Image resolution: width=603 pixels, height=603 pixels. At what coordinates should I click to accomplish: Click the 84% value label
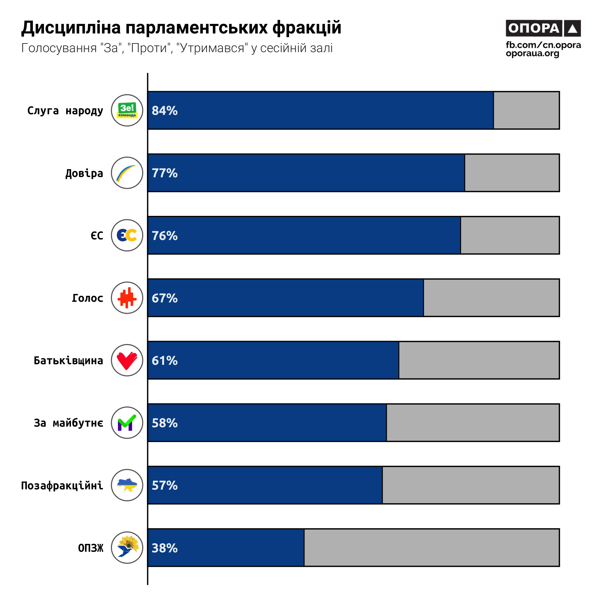pos(165,110)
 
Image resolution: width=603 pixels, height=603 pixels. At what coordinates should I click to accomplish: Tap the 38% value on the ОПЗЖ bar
pos(165,548)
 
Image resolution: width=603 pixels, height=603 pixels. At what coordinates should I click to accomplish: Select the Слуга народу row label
pos(65,110)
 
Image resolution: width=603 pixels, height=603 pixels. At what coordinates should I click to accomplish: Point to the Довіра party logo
pos(127,173)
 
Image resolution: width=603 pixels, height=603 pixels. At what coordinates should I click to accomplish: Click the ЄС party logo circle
pos(127,235)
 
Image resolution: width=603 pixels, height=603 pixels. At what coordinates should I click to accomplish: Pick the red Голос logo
pos(127,298)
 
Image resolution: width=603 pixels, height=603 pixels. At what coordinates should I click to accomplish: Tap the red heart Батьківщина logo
pos(127,360)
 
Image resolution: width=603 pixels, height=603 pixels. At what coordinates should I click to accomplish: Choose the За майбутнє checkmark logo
pos(127,423)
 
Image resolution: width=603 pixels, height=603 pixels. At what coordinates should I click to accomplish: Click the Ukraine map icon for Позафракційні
pos(127,485)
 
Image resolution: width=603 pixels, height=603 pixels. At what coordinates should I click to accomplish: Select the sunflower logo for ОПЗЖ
pos(127,548)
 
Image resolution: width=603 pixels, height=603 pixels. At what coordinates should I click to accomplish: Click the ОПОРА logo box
pos(543,28)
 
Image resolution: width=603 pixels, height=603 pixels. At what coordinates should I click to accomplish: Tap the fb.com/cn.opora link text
pos(543,45)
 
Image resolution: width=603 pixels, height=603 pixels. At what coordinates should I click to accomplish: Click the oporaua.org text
pos(532,53)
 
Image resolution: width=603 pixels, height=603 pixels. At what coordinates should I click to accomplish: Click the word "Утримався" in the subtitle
pos(212,48)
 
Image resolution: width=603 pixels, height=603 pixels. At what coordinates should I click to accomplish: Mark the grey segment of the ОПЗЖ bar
pos(431,548)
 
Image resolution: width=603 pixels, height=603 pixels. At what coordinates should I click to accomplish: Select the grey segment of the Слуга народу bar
pos(526,110)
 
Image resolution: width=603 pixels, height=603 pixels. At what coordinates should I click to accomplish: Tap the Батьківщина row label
pos(68,361)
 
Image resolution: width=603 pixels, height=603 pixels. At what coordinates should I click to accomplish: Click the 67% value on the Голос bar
pos(165,298)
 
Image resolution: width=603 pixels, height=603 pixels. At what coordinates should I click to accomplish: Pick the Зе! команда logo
pos(127,110)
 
